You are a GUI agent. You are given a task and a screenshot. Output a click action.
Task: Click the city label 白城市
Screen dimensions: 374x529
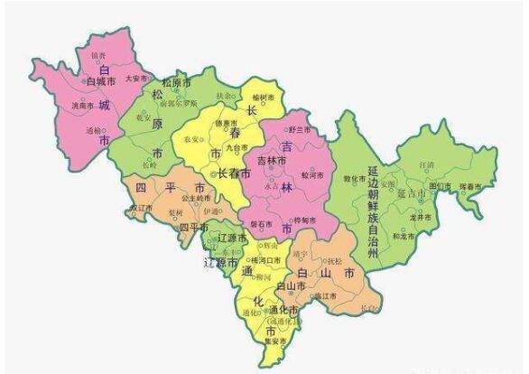pyautogui.click(x=102, y=81)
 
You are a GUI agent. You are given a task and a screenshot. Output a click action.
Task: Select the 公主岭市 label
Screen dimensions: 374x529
pyautogui.click(x=197, y=196)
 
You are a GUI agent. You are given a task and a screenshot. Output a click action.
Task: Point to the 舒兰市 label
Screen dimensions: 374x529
pyautogui.click(x=300, y=130)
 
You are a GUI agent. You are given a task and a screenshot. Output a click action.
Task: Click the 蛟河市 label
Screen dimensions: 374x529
pyautogui.click(x=311, y=174)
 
